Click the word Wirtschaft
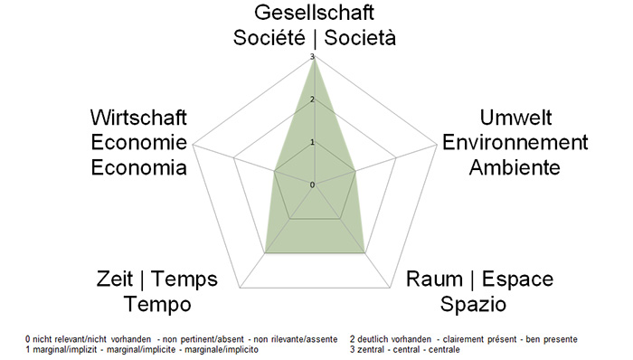point(138,118)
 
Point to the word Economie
point(138,143)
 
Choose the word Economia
point(138,167)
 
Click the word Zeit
point(116,279)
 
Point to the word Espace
point(518,279)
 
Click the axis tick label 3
point(312,57)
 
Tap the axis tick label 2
point(312,99)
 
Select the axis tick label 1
point(312,142)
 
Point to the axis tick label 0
point(312,185)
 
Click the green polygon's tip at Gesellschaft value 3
point(315,60)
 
